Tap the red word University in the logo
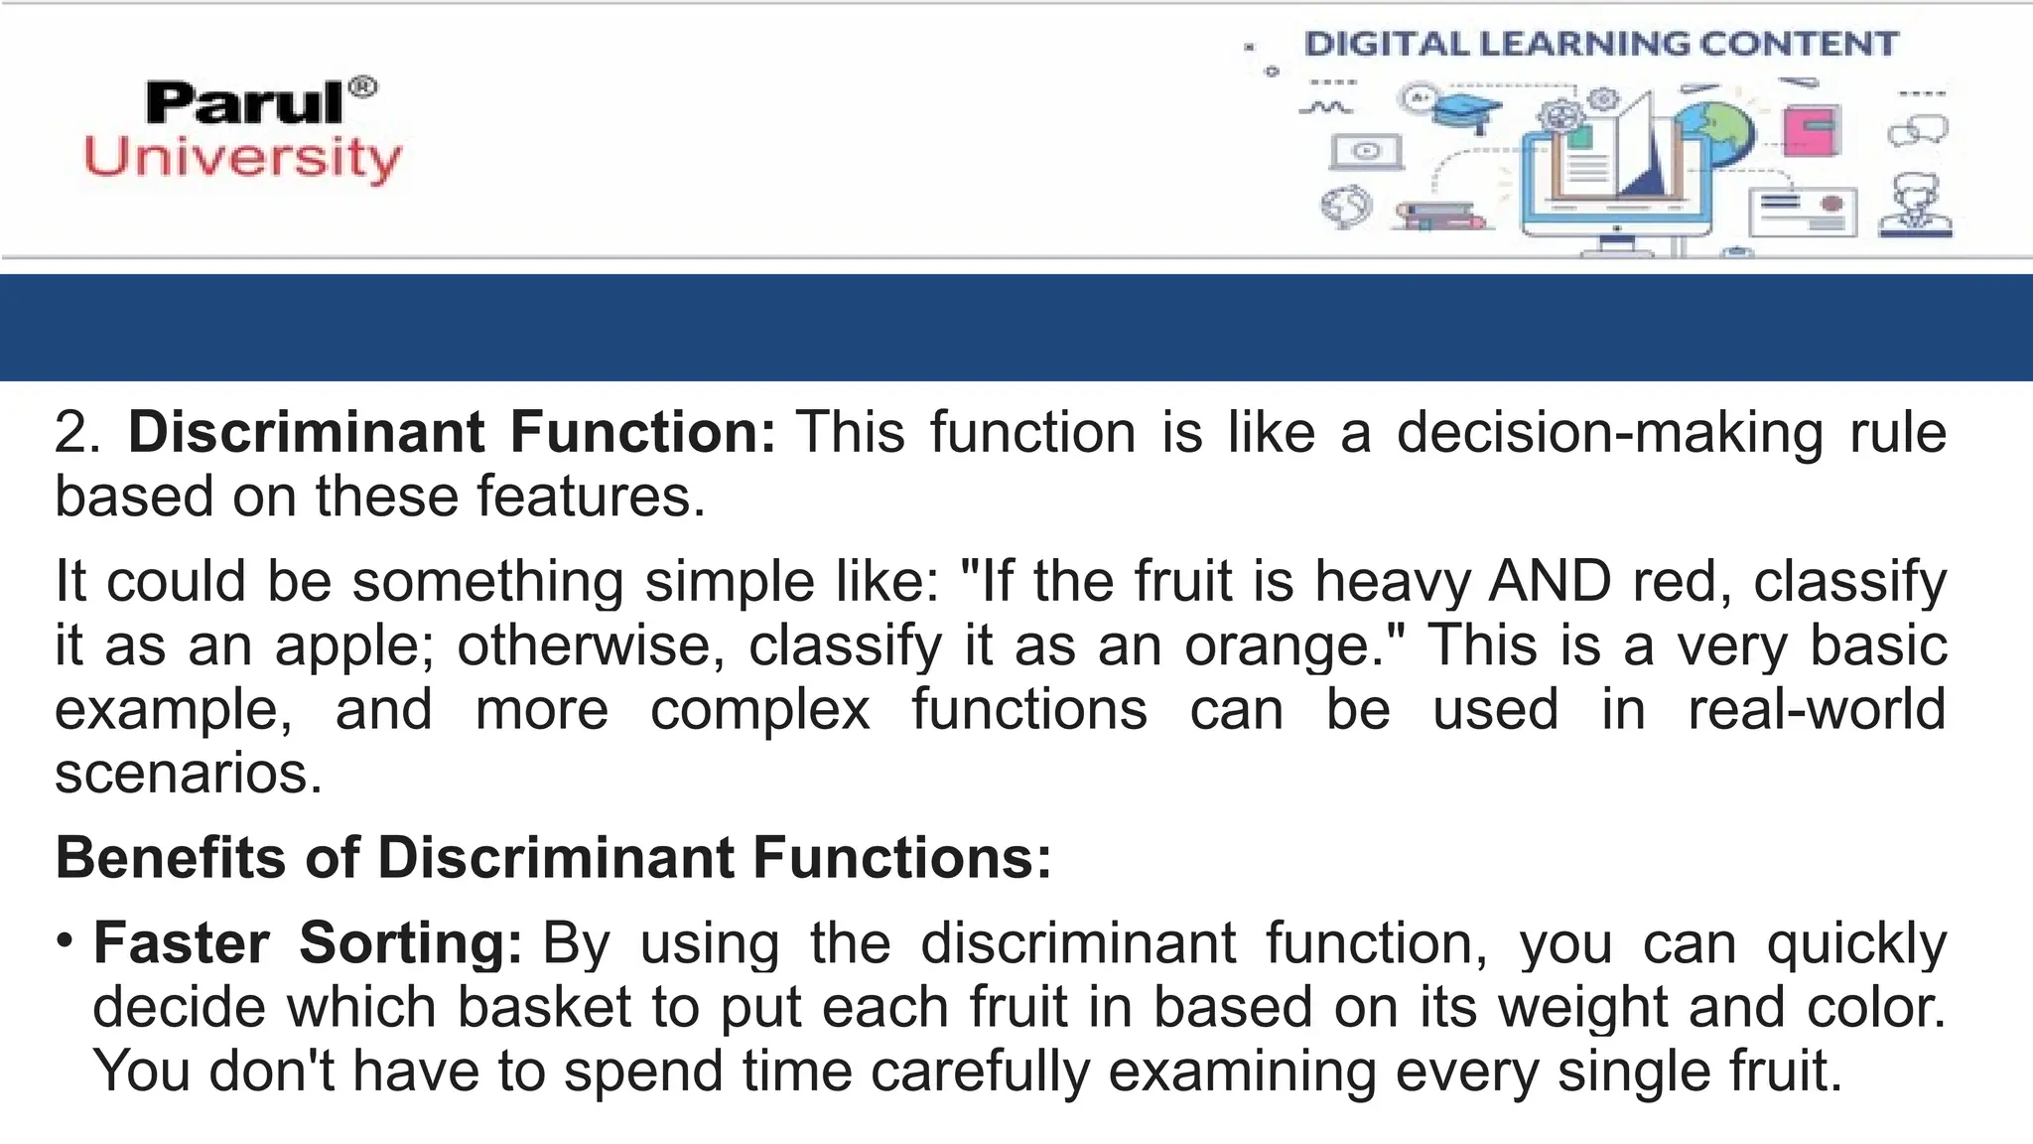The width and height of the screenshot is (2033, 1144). [243, 159]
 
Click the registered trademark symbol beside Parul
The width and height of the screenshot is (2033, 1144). [364, 87]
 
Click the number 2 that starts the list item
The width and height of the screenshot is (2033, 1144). [72, 433]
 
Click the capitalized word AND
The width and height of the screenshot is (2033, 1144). [1550, 581]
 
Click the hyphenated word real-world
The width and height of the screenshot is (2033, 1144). [1817, 709]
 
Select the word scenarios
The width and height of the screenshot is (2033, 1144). [189, 774]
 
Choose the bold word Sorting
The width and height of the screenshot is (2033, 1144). [410, 942]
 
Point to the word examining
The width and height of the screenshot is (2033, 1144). [1242, 1072]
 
